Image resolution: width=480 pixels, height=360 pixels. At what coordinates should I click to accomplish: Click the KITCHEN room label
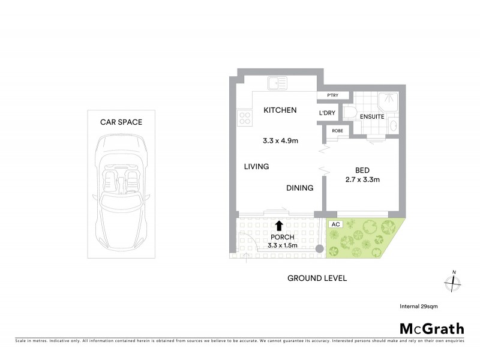(280, 110)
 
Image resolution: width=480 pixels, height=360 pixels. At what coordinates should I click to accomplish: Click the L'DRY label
(327, 113)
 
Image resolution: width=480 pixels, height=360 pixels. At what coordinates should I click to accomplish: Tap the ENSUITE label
(372, 116)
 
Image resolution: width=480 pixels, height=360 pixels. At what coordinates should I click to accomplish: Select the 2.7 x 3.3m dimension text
(363, 180)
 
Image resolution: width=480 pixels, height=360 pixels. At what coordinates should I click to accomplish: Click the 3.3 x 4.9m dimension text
(281, 142)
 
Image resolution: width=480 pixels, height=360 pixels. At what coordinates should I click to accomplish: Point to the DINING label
(299, 188)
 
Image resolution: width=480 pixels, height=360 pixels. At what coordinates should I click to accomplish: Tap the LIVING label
(256, 166)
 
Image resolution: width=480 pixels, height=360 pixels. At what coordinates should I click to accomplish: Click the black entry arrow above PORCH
(279, 225)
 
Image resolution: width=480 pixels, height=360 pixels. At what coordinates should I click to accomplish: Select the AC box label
(335, 224)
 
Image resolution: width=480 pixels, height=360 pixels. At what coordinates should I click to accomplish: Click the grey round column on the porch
(320, 248)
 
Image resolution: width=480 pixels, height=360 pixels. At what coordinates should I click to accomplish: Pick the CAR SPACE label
(121, 122)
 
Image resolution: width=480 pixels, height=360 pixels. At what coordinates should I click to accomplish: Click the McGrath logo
(431, 328)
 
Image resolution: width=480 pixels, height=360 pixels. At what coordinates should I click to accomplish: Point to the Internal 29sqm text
(419, 306)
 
